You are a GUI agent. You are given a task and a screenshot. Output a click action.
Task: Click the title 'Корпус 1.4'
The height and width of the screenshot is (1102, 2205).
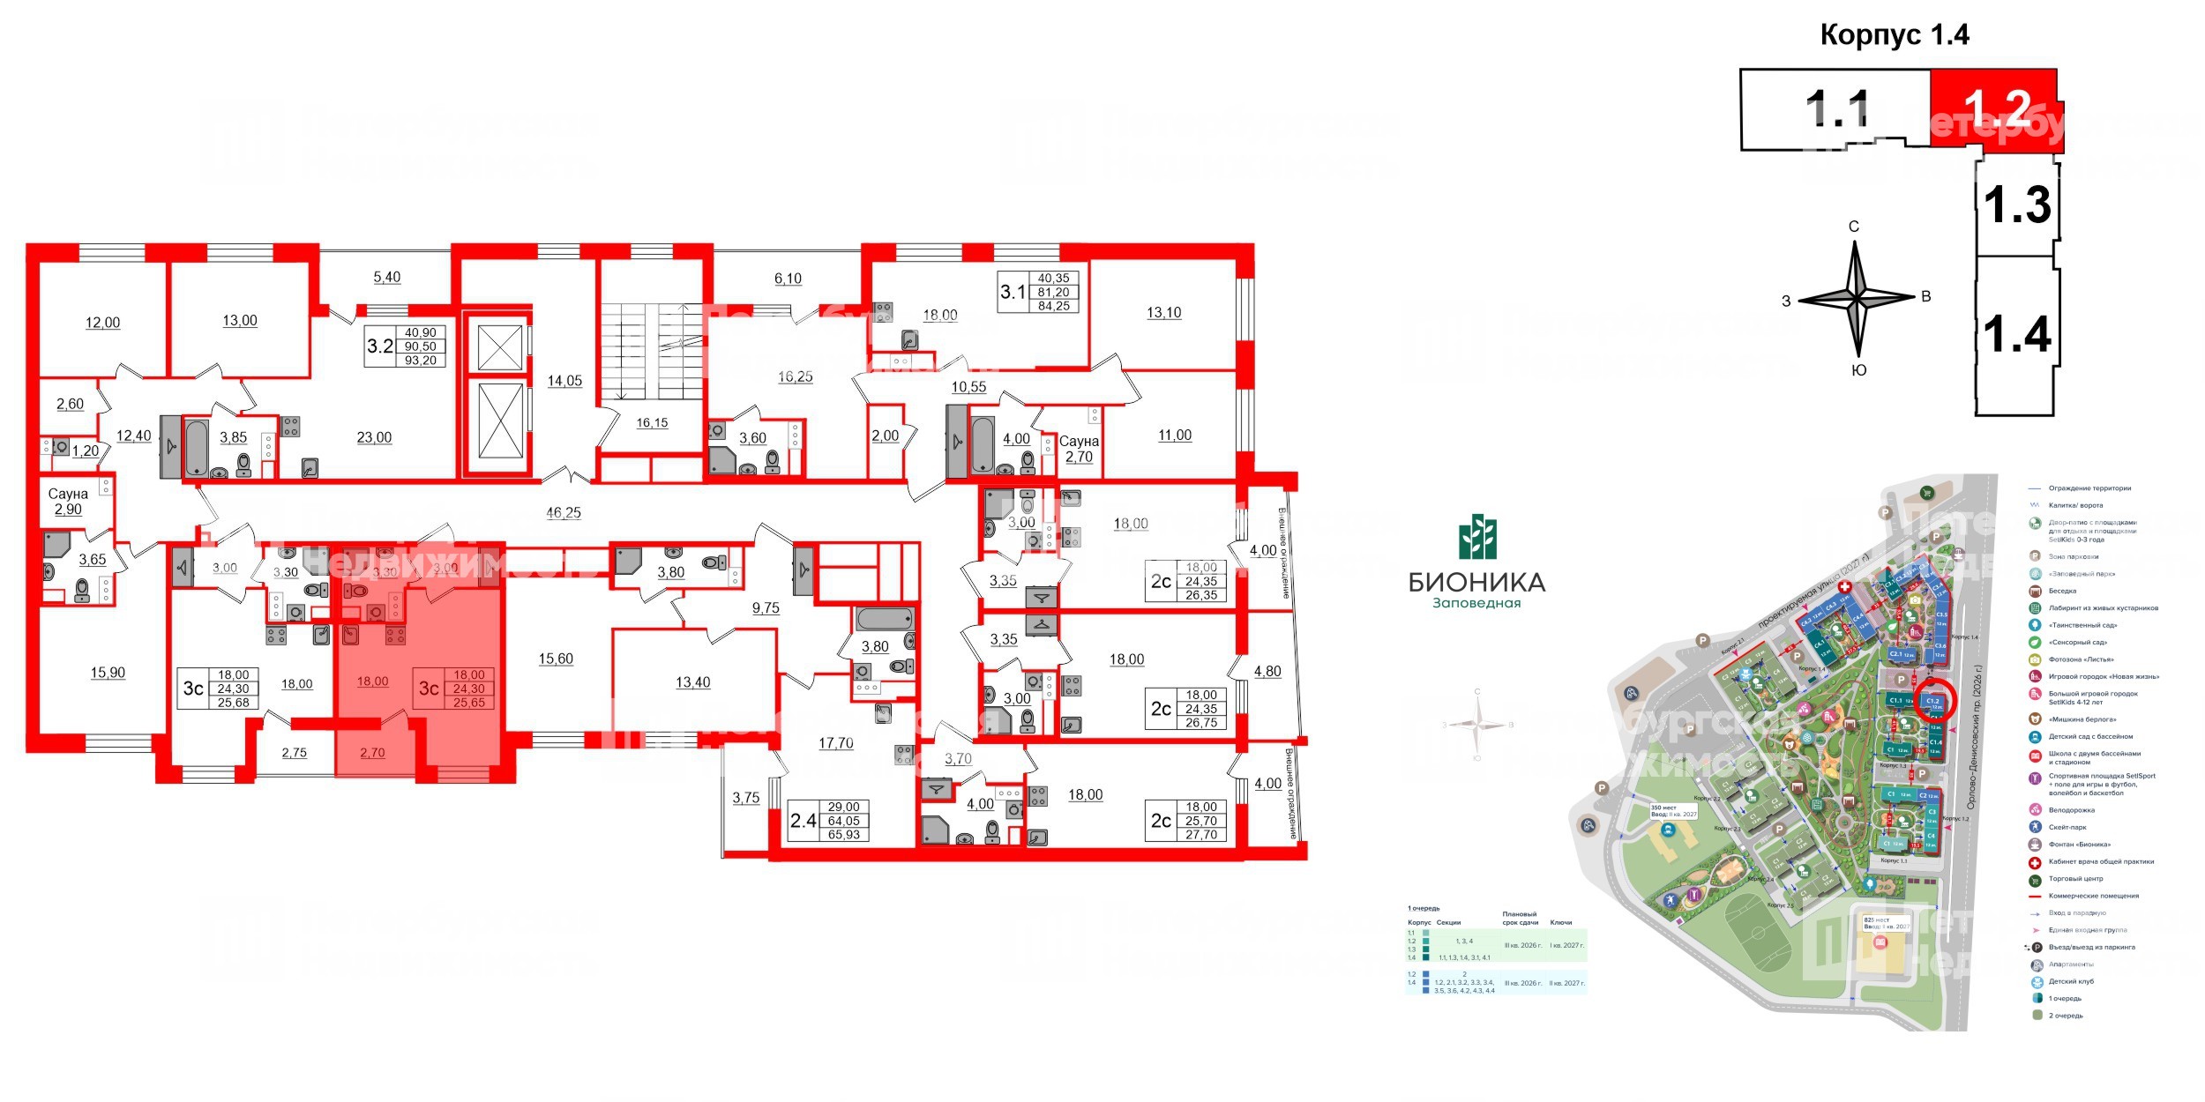click(x=1894, y=34)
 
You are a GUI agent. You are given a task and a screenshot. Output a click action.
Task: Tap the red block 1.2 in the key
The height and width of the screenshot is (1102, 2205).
click(x=1995, y=109)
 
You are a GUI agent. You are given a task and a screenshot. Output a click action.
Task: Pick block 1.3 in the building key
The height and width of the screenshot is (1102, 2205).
click(x=2017, y=205)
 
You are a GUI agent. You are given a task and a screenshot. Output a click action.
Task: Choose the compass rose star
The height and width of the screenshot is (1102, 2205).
click(x=1857, y=300)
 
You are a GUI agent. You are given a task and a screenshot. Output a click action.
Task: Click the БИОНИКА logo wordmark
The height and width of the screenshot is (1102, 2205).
click(x=1476, y=582)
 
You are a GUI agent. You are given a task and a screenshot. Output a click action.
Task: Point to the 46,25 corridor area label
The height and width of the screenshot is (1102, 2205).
click(x=564, y=512)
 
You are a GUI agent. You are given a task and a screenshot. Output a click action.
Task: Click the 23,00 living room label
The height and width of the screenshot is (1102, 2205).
click(x=374, y=437)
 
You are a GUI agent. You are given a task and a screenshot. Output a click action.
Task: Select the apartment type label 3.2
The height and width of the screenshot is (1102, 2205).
click(x=380, y=346)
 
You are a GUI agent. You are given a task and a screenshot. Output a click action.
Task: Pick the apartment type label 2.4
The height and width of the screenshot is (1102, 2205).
click(x=803, y=821)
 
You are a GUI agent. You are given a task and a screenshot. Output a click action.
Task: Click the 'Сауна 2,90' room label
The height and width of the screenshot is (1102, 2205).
click(x=68, y=502)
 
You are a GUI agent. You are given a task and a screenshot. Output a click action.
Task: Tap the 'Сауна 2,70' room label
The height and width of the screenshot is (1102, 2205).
click(x=1079, y=449)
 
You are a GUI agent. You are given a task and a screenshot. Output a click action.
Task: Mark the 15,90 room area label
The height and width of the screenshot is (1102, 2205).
click(x=108, y=673)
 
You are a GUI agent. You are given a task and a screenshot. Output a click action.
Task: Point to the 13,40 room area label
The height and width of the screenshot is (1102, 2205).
click(x=692, y=682)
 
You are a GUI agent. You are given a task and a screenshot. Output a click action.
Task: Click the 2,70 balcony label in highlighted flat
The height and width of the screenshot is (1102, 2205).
click(x=372, y=753)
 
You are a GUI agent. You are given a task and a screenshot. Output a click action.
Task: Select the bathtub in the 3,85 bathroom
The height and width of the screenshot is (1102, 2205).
click(x=196, y=448)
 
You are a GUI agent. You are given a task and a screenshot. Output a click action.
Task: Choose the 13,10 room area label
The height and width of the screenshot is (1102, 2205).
click(x=1163, y=312)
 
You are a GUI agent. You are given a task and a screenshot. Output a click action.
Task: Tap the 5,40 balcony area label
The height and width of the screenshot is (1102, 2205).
click(x=386, y=277)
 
